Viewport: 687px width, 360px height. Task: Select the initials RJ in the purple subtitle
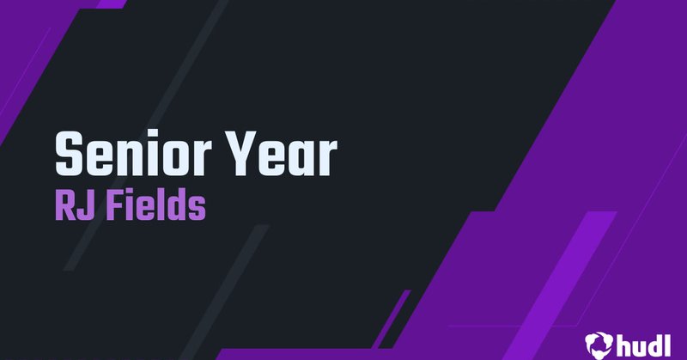(x=72, y=206)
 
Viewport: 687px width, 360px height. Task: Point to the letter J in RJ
(x=84, y=206)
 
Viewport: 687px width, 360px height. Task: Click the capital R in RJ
(x=64, y=206)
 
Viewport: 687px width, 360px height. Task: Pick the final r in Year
(x=326, y=157)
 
